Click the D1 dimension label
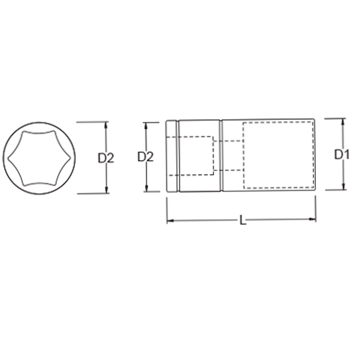[x=342, y=154]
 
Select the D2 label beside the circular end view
[x=106, y=158]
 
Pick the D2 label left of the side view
[x=146, y=157]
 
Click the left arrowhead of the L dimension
[x=169, y=220]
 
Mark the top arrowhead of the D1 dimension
[x=343, y=121]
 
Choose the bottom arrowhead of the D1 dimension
[x=343, y=187]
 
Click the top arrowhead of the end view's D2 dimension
[x=106, y=124]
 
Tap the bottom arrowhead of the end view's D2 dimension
[x=106, y=190]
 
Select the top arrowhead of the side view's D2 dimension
[x=146, y=125]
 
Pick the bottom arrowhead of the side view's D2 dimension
[x=146, y=189]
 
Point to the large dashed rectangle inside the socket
[x=278, y=155]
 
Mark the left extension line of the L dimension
[x=167, y=211]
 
